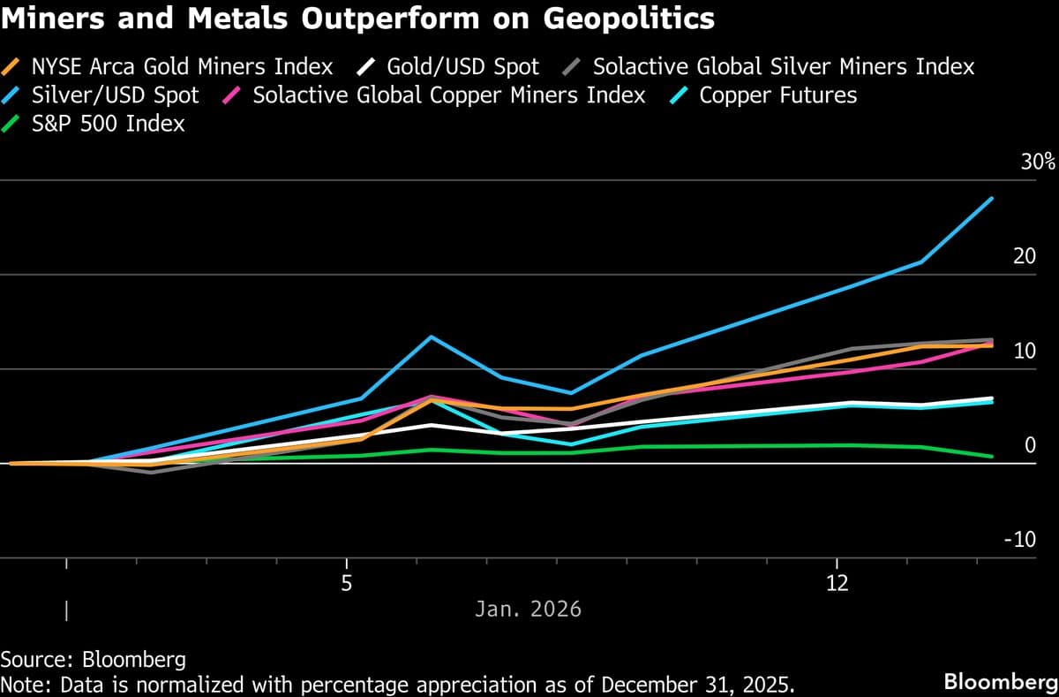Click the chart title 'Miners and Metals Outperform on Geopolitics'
357,19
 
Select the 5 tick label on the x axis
347,584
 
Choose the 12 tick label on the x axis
836,584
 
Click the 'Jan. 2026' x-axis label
528,610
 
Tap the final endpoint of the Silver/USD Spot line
992,199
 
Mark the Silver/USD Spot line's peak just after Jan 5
430,337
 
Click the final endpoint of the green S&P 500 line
992,457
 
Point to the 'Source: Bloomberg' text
93,660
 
